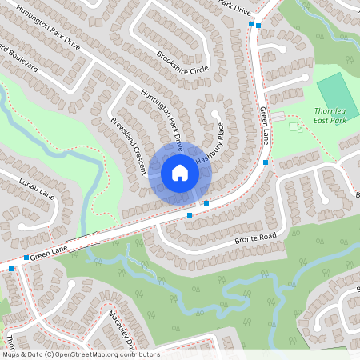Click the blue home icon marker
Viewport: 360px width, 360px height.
(x=179, y=172)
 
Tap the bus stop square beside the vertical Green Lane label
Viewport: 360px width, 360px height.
(x=266, y=162)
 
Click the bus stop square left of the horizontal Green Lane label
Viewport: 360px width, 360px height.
(x=26, y=258)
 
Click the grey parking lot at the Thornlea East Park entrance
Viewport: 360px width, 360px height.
(x=278, y=117)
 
